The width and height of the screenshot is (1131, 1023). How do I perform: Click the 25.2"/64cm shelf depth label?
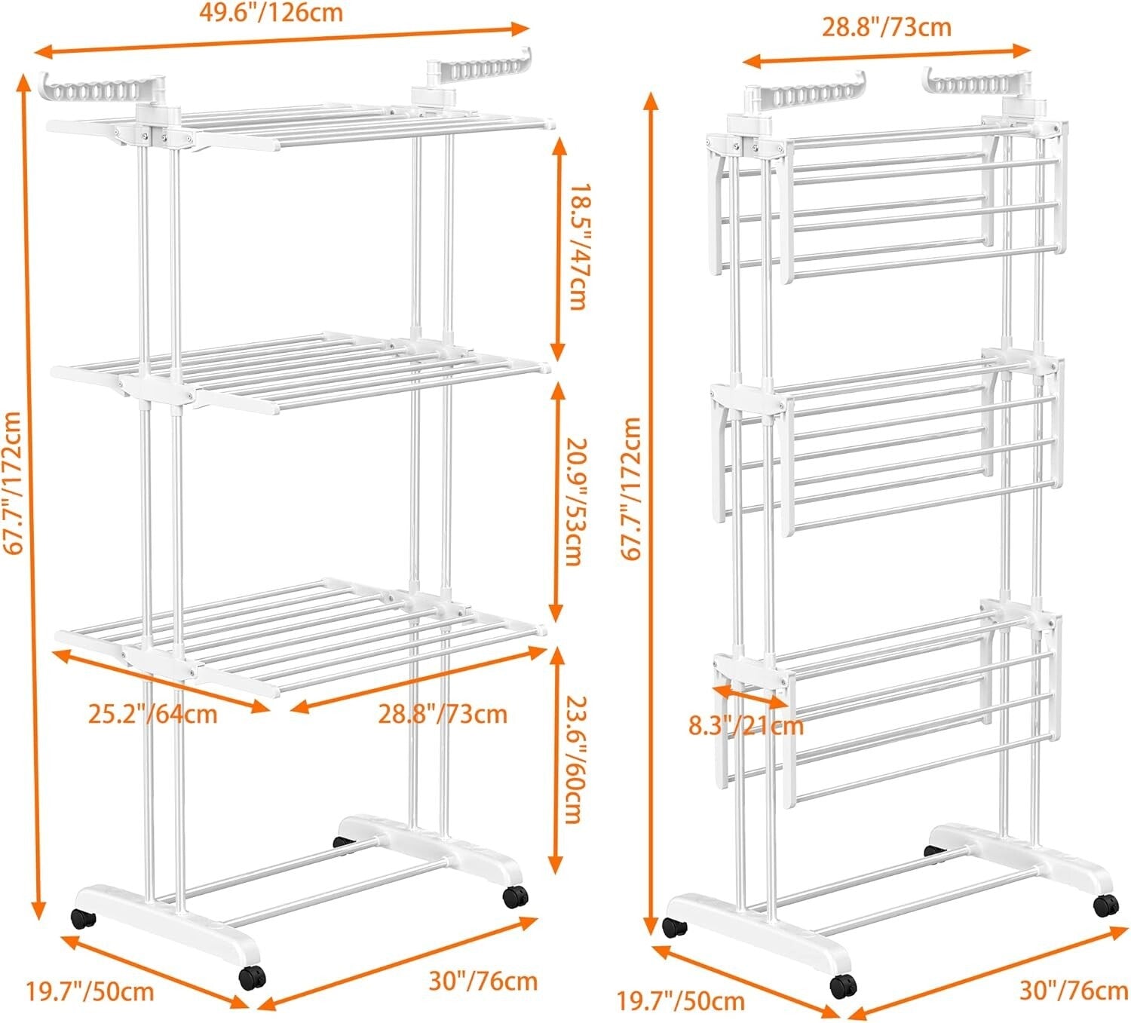pyautogui.click(x=152, y=713)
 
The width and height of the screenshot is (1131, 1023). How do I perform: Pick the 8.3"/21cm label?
pyautogui.click(x=746, y=725)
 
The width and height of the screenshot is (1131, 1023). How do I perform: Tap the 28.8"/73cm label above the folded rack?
pyautogui.click(x=886, y=27)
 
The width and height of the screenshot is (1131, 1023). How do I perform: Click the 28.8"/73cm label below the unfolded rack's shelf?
pyautogui.click(x=443, y=713)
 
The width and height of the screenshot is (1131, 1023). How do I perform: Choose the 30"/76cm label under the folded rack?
pyautogui.click(x=1074, y=989)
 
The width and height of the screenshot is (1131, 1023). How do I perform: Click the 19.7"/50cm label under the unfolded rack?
pyautogui.click(x=90, y=991)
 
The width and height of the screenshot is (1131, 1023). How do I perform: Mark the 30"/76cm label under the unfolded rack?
pyautogui.click(x=483, y=981)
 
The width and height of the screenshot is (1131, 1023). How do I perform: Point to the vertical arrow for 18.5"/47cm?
pyautogui.click(x=557, y=249)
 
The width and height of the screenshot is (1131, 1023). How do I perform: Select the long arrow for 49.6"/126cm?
pyautogui.click(x=283, y=40)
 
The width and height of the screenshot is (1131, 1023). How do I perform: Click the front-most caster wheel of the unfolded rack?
pyautogui.click(x=252, y=977)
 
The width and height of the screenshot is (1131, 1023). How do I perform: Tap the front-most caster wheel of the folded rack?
pyautogui.click(x=841, y=985)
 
